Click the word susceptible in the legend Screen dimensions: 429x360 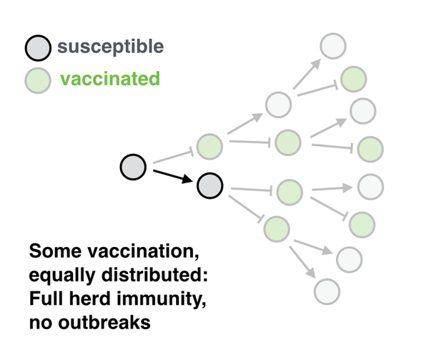click(111, 47)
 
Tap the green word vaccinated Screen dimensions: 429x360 click(110, 79)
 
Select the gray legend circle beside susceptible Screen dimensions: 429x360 click(38, 48)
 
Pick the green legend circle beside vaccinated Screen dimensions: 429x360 click(38, 80)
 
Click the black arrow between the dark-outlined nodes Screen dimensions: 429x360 click(172, 176)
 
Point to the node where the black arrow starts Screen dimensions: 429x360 click(133, 167)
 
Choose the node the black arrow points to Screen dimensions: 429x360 click(209, 185)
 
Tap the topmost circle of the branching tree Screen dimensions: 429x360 click(333, 46)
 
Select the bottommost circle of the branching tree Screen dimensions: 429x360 click(327, 291)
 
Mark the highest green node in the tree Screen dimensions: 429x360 click(353, 79)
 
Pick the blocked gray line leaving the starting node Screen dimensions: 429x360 click(174, 157)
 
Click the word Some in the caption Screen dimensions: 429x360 click(55, 250)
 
